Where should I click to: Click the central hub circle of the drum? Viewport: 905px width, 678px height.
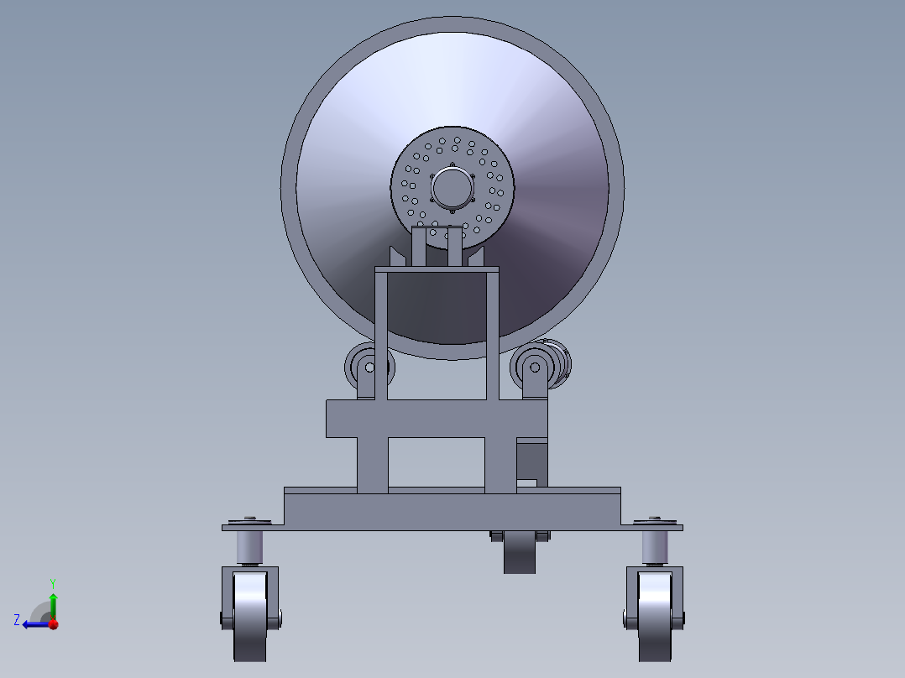click(x=452, y=187)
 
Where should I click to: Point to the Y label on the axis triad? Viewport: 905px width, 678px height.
click(x=52, y=582)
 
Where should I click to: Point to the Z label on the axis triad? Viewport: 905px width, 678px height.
click(x=17, y=619)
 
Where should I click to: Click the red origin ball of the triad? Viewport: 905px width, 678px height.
click(x=53, y=623)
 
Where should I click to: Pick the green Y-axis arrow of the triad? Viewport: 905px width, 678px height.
click(x=53, y=604)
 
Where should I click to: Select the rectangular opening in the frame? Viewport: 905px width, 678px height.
click(x=436, y=462)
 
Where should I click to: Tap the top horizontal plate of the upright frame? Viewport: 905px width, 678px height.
click(x=437, y=269)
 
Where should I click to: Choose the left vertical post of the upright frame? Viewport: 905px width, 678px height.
click(x=381, y=336)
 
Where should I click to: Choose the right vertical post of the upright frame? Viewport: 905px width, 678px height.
click(x=492, y=336)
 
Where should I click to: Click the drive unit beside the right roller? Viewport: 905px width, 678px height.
click(x=559, y=362)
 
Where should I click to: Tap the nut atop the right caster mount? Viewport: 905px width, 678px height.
click(x=655, y=518)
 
